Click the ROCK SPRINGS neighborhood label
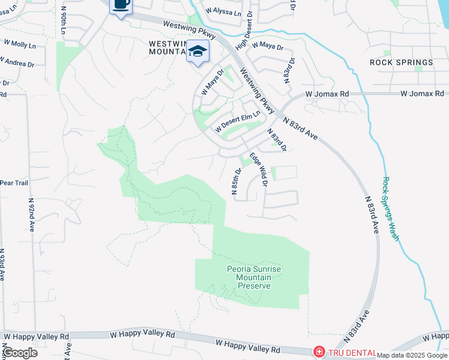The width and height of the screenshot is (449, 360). (x=401, y=62)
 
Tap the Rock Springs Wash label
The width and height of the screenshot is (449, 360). (x=390, y=208)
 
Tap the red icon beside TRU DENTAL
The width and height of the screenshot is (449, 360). (x=319, y=353)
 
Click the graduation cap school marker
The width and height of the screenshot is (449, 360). (x=197, y=52)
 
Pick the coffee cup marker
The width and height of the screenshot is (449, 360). (x=121, y=5)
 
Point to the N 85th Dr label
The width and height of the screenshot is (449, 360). (x=236, y=181)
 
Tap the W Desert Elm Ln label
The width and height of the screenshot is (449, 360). (x=238, y=122)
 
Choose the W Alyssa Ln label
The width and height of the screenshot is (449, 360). (x=221, y=11)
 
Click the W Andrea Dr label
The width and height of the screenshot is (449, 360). (x=17, y=61)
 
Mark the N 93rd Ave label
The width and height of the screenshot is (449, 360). (x=2, y=264)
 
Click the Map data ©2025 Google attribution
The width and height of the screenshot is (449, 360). (x=412, y=355)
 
